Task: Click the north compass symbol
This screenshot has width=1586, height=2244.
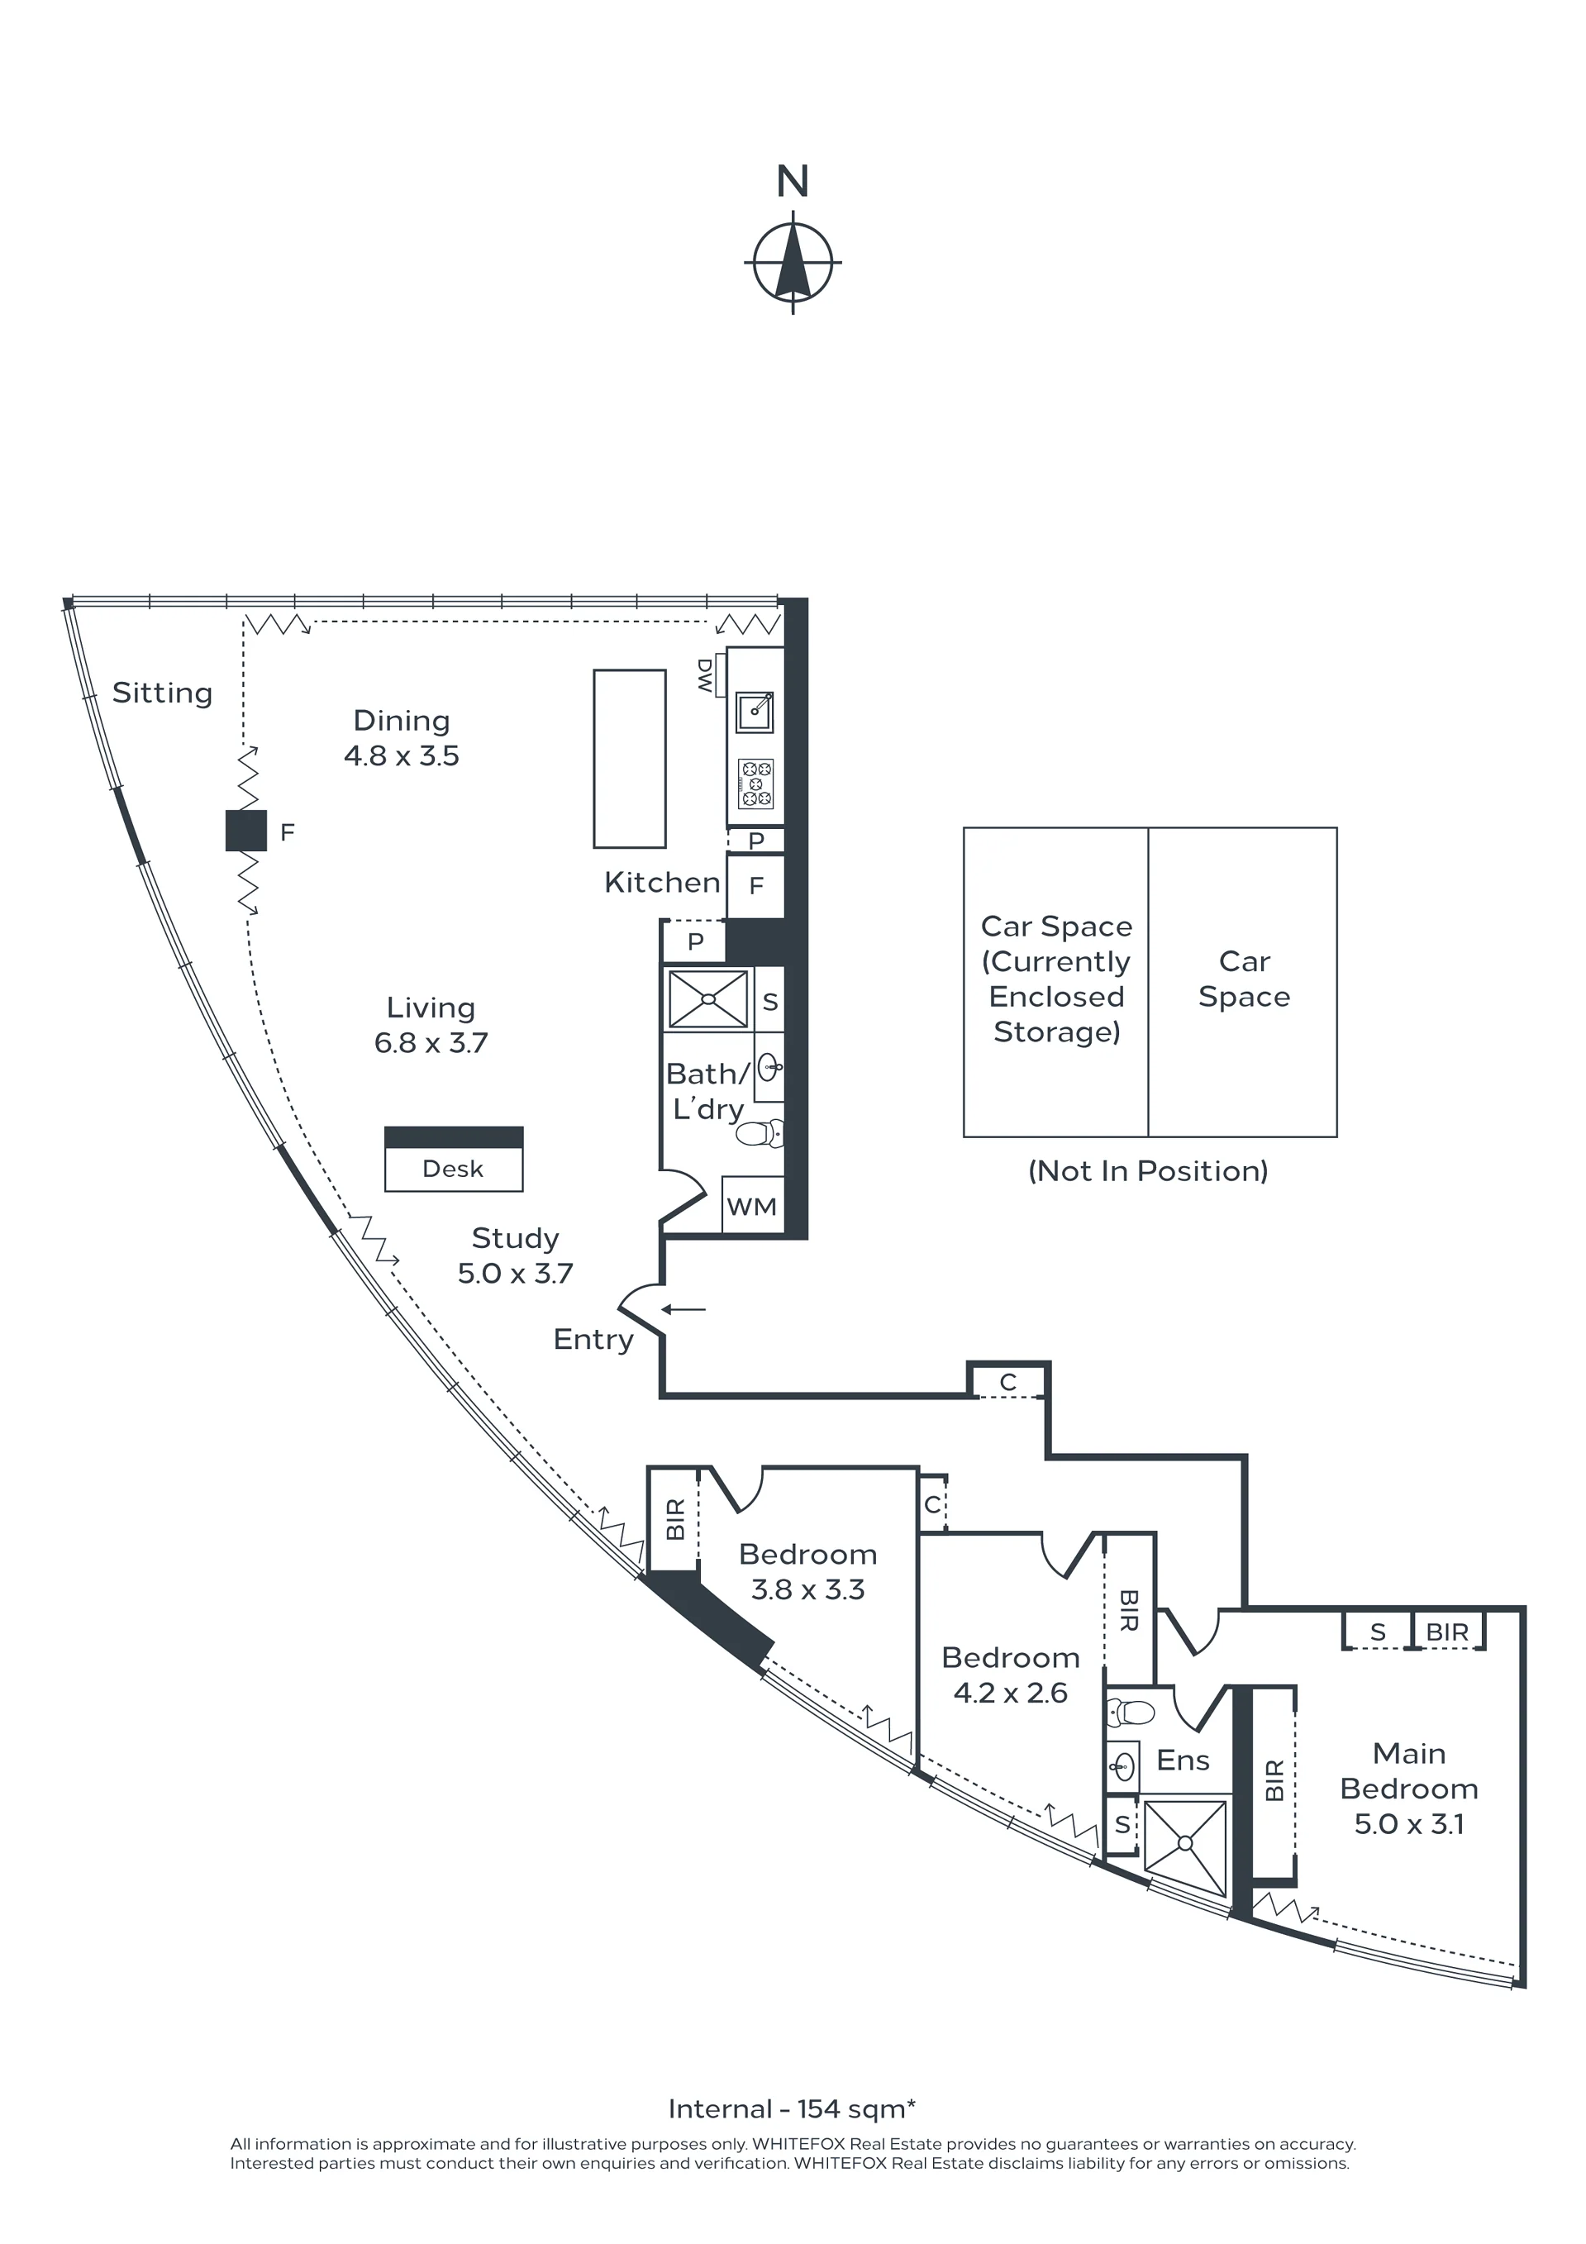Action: click(x=793, y=262)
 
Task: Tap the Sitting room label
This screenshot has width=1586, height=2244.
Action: click(x=162, y=693)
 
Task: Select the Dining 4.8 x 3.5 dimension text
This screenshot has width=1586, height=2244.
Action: click(x=402, y=755)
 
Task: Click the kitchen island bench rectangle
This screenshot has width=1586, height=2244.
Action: click(x=629, y=759)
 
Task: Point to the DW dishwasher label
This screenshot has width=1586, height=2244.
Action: click(x=704, y=675)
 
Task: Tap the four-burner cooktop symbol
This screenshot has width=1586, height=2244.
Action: click(x=755, y=784)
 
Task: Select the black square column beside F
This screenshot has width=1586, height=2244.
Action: click(x=246, y=831)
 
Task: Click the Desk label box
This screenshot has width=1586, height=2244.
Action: click(x=454, y=1169)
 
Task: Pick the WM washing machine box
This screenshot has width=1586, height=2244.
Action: click(x=752, y=1206)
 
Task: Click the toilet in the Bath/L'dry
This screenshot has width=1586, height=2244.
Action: click(x=760, y=1134)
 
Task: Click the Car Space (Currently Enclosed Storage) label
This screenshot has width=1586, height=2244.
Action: click(x=1056, y=979)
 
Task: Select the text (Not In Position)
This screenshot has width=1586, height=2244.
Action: click(x=1148, y=1171)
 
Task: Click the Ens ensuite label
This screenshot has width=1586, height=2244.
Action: click(x=1183, y=1760)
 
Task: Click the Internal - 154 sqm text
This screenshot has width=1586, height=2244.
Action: click(x=793, y=2108)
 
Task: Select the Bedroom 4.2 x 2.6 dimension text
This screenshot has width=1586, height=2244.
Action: click(x=1011, y=1693)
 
